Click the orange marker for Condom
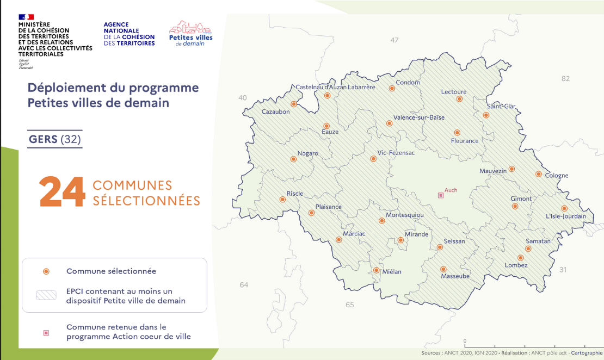point(392,88)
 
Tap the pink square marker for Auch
point(441,195)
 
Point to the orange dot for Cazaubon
point(294,104)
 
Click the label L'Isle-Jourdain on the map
point(566,216)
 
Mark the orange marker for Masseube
point(443,269)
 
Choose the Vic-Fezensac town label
point(396,153)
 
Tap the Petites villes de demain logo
point(190,34)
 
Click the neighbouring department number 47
point(395,40)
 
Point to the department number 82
point(565,79)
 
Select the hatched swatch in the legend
point(46,295)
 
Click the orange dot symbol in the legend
point(46,271)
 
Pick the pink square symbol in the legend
point(46,332)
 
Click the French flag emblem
point(26,17)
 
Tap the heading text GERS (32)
point(55,139)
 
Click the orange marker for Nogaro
point(294,159)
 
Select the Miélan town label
point(392,272)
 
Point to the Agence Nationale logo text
point(129,34)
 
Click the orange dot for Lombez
point(520,258)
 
